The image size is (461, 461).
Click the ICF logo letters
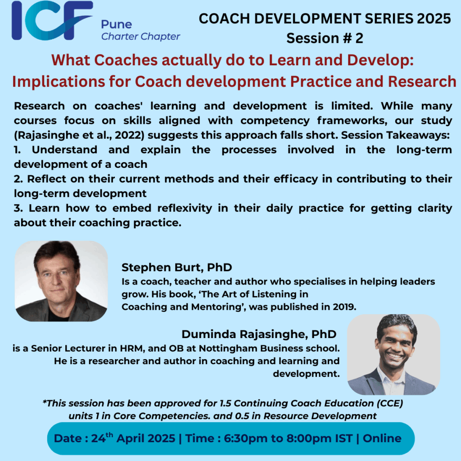[52, 21]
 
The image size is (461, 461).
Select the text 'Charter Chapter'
[140, 36]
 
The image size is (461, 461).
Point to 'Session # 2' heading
[325, 38]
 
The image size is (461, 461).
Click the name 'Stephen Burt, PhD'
[176, 267]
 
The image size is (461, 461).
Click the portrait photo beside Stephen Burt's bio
[61, 281]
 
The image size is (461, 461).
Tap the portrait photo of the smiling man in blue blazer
[393, 354]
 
